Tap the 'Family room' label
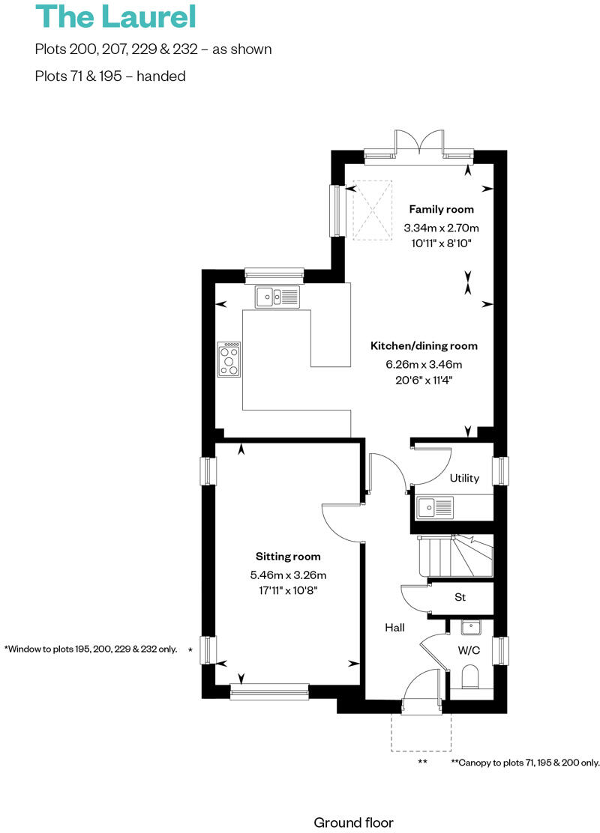point(441,210)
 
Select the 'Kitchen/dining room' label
point(424,346)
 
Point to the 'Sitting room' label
point(288,557)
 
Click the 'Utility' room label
point(464,479)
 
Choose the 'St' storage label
point(460,598)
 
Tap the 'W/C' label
point(469,650)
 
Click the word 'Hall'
point(395,627)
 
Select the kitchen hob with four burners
point(229,359)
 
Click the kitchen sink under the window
point(277,297)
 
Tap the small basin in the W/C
point(471,627)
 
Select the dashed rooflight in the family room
point(373,210)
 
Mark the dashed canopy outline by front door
point(421,733)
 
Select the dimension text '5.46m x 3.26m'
point(288,575)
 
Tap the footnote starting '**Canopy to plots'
point(525,763)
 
